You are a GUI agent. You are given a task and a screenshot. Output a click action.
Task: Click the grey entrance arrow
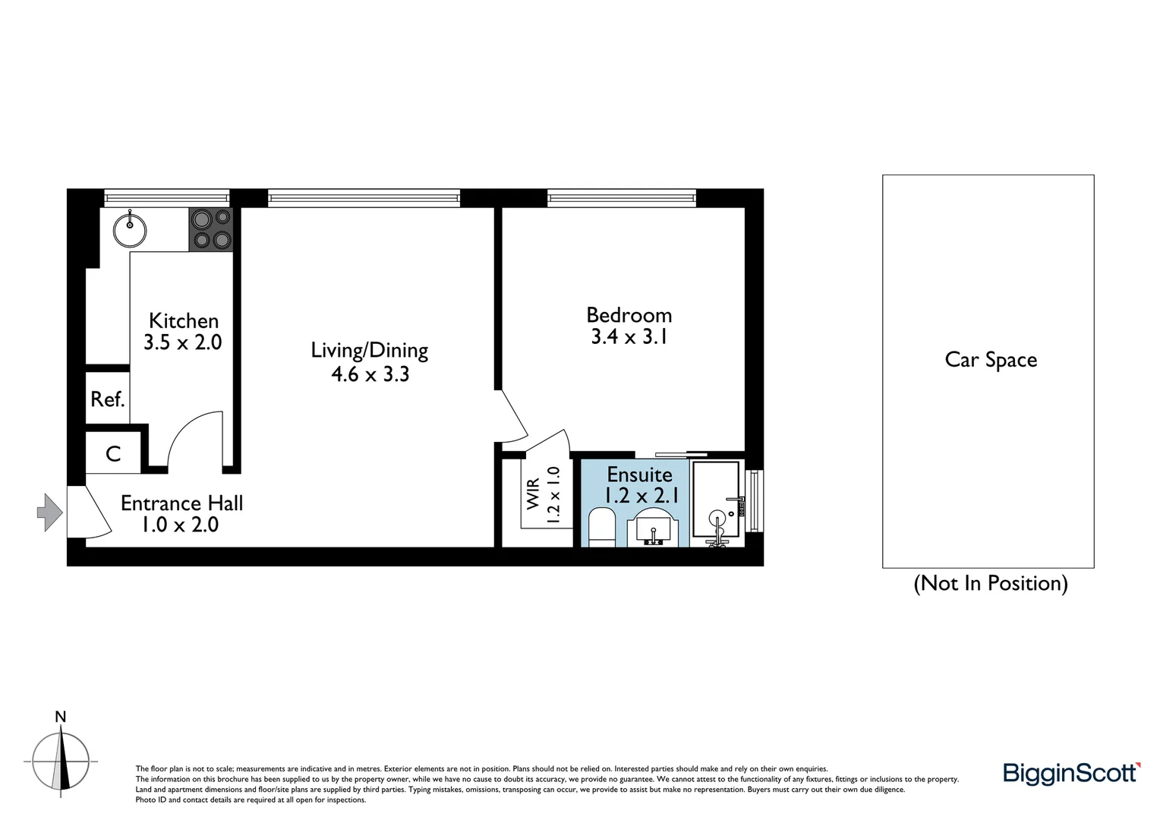coord(50,512)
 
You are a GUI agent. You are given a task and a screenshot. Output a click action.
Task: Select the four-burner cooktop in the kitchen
coord(211,229)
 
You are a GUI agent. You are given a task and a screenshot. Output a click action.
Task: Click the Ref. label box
coord(107,399)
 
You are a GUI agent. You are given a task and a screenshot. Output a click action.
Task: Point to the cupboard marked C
coord(113,454)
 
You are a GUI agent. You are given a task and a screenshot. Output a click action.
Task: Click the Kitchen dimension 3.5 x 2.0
coord(183,342)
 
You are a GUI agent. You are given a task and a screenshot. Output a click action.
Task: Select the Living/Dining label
coord(370,350)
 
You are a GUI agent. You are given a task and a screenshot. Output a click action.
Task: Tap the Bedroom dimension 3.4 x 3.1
coord(629,336)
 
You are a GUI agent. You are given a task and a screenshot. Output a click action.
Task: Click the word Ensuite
coord(639,475)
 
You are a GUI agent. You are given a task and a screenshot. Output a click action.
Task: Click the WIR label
coord(533,494)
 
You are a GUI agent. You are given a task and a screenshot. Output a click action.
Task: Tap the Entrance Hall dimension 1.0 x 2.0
coord(180,525)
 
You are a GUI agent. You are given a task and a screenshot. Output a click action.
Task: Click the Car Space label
coord(991,360)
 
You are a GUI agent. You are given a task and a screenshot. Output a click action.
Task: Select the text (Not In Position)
coord(991,583)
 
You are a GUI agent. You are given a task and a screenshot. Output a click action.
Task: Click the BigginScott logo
coord(1071,773)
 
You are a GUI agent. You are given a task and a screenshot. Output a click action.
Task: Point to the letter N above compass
coord(61,717)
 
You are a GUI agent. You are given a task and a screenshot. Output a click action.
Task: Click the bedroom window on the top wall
coord(622,199)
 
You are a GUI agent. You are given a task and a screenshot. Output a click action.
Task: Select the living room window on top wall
coord(364,199)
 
